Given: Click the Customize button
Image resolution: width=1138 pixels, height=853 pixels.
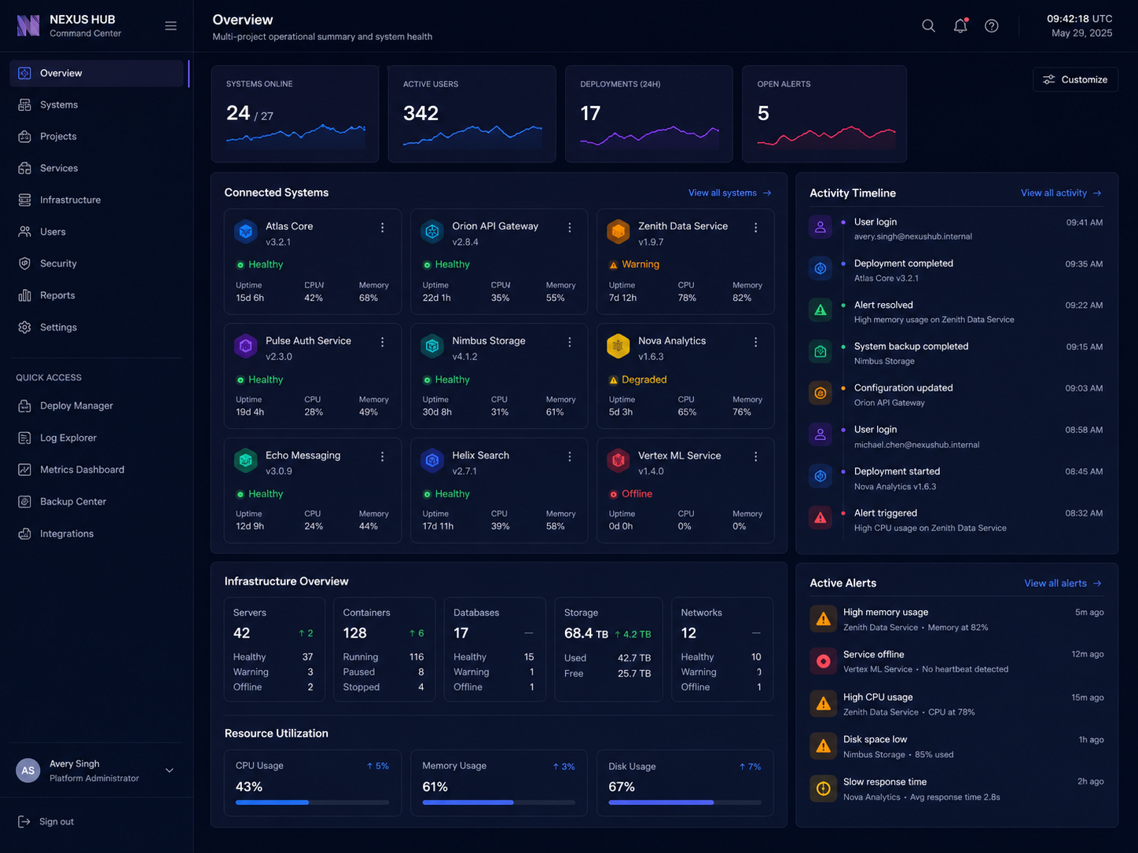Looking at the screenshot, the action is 1075,79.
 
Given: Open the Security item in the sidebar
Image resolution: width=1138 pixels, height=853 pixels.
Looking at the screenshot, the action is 58,264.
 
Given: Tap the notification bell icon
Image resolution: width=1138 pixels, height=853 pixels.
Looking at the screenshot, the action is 960,25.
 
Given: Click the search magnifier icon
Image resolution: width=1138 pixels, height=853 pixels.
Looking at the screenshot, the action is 928,25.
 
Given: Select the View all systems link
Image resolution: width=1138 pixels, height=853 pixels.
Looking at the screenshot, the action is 729,192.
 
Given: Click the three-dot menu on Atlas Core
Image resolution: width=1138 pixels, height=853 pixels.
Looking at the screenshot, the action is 382,227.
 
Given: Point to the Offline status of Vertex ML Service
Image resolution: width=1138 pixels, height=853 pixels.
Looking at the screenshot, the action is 630,494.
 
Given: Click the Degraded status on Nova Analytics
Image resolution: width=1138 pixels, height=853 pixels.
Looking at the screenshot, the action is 637,379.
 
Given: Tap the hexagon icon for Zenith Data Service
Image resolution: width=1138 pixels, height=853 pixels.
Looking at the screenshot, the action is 618,232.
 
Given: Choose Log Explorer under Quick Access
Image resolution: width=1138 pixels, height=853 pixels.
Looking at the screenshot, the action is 68,437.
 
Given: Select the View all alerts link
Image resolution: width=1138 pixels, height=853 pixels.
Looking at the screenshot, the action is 1063,583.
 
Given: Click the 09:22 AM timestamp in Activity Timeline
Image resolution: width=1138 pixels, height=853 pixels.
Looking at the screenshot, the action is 1084,305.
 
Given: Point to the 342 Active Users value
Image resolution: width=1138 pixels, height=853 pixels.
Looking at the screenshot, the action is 420,113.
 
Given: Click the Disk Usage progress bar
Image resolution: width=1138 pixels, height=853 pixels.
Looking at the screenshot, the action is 685,802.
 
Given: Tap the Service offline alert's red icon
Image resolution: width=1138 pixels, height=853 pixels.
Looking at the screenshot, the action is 823,661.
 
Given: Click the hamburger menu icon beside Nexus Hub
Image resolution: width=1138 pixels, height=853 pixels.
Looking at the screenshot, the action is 171,26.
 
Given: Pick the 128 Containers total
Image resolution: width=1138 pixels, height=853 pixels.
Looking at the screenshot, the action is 354,633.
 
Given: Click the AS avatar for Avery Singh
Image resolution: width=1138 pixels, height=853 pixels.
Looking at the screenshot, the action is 28,771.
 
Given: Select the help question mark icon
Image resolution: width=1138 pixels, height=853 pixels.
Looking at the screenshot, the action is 991,26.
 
